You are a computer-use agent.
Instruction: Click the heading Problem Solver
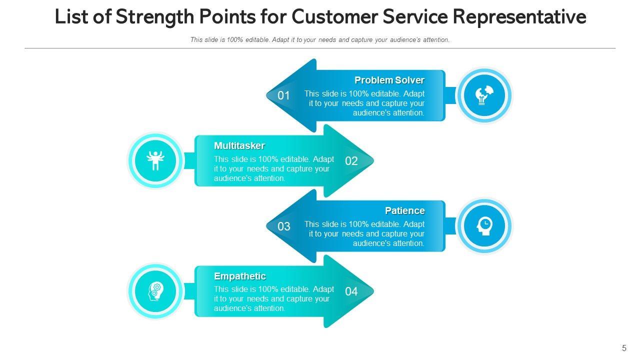(389, 80)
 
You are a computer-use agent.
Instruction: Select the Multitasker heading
(239, 145)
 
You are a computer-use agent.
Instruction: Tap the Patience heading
(405, 211)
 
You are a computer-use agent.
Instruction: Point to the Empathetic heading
(240, 276)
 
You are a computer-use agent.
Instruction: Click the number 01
(283, 95)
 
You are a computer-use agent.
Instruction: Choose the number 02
(351, 161)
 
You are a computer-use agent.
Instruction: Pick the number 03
(283, 226)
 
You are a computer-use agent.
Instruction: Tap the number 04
(351, 291)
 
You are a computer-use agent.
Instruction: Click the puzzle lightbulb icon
(484, 95)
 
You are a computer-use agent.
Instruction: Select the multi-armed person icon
(155, 160)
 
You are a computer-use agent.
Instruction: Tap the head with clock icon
(484, 226)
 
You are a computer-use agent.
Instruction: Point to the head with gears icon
(155, 291)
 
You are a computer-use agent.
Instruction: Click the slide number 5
(624, 348)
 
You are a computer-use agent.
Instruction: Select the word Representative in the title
(519, 17)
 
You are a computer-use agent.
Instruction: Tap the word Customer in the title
(335, 16)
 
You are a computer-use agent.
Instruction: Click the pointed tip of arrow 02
(373, 161)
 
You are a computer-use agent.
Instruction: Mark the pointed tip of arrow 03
(266, 226)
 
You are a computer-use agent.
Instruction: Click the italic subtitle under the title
(320, 39)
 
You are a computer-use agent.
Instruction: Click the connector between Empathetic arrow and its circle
(189, 291)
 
